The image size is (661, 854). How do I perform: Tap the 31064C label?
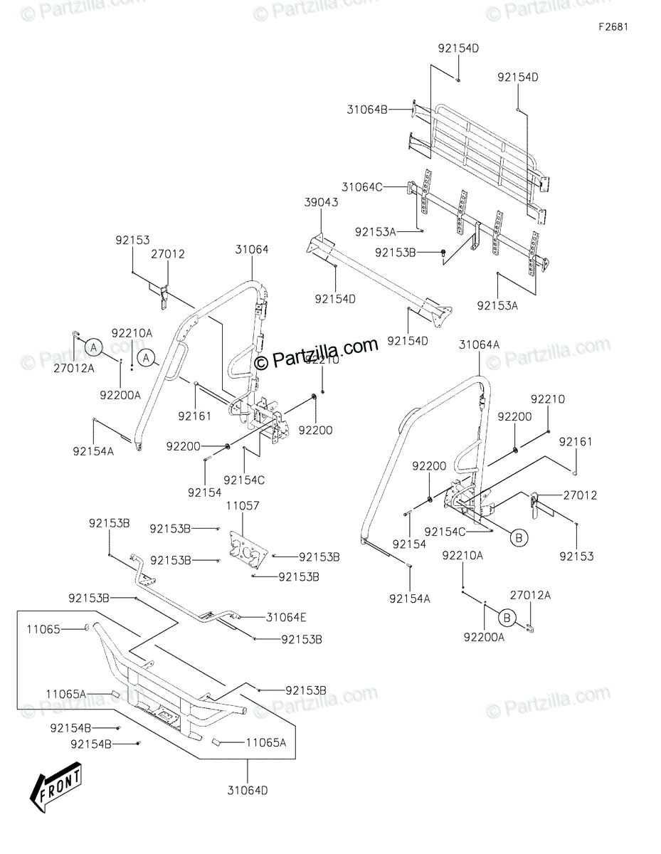click(x=362, y=187)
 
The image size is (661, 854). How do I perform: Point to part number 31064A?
click(x=479, y=344)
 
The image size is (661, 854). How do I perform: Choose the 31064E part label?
click(x=287, y=617)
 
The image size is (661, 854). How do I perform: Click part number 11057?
click(x=243, y=505)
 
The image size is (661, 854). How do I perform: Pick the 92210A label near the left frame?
click(x=132, y=332)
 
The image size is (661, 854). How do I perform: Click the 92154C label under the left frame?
click(x=244, y=480)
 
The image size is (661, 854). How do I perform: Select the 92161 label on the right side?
click(x=575, y=442)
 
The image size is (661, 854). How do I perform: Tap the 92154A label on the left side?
click(x=93, y=450)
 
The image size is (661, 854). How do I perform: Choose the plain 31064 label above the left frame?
click(x=252, y=250)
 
